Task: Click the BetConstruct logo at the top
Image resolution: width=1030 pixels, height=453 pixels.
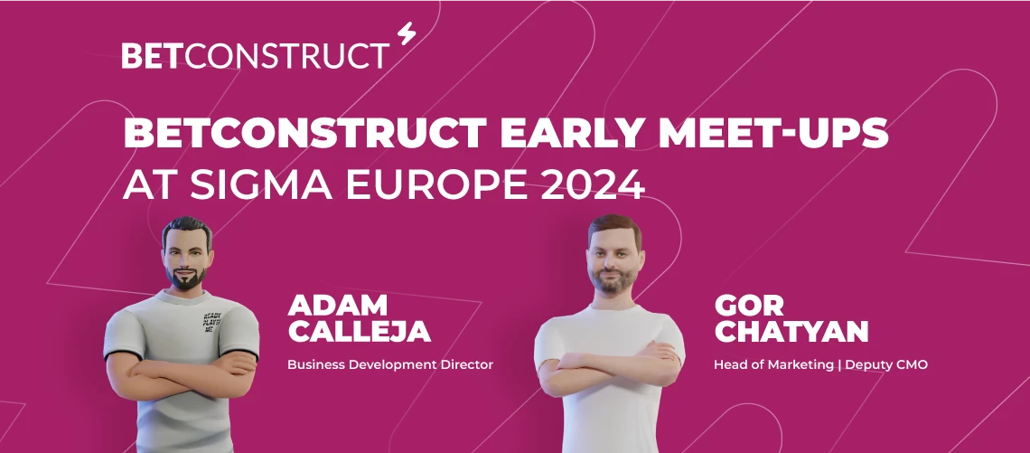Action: pyautogui.click(x=256, y=55)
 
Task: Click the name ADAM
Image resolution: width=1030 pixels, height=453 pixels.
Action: pyautogui.click(x=337, y=305)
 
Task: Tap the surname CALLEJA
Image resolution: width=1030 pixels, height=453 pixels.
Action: pyautogui.click(x=359, y=331)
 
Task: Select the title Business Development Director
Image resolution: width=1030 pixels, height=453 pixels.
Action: pyautogui.click(x=390, y=365)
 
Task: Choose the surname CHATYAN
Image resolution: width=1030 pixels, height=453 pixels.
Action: pyautogui.click(x=791, y=331)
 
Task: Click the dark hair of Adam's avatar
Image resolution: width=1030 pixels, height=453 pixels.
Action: pyautogui.click(x=188, y=227)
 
